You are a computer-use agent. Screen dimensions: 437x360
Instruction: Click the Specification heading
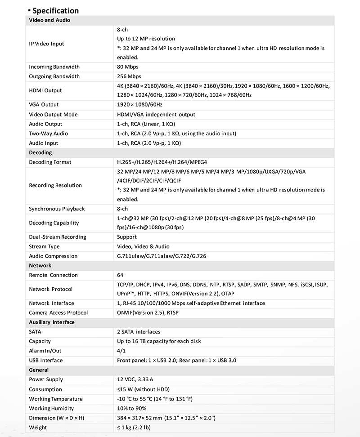(x=55, y=10)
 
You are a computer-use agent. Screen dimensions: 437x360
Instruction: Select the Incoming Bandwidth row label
(x=54, y=67)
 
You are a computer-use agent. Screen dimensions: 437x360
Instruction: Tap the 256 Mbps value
(x=129, y=76)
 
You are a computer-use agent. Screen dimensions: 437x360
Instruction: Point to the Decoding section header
(x=40, y=152)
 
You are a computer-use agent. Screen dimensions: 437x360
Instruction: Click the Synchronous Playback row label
(x=57, y=209)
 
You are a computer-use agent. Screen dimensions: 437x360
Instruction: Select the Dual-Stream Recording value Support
(x=126, y=237)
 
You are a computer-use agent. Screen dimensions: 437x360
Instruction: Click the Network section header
(x=40, y=266)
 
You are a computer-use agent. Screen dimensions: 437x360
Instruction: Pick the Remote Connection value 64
(x=120, y=275)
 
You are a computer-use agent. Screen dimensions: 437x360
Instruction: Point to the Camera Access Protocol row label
(x=58, y=313)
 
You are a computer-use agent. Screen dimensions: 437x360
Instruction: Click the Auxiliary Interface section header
(x=52, y=322)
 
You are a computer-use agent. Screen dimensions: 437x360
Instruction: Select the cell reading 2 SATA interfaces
(x=138, y=332)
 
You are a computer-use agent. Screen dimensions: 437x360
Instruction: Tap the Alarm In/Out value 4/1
(x=121, y=351)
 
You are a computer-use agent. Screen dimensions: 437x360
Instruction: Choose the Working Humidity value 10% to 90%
(x=131, y=408)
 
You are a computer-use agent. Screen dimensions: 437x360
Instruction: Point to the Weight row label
(x=38, y=428)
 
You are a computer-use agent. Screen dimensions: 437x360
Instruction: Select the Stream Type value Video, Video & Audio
(x=143, y=246)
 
